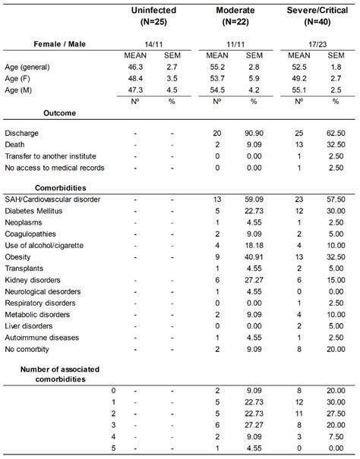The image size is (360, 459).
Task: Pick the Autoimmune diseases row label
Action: [x=42, y=337]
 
